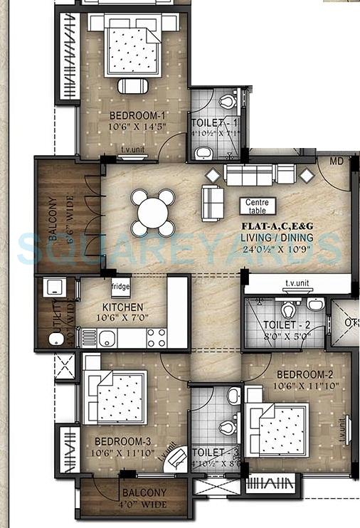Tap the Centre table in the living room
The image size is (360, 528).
pos(258,206)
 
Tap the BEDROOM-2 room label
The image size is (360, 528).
pos(305,375)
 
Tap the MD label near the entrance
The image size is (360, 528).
pos(336,162)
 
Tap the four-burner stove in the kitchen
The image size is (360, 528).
pos(156,337)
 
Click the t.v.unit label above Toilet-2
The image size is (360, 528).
pos(300,283)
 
